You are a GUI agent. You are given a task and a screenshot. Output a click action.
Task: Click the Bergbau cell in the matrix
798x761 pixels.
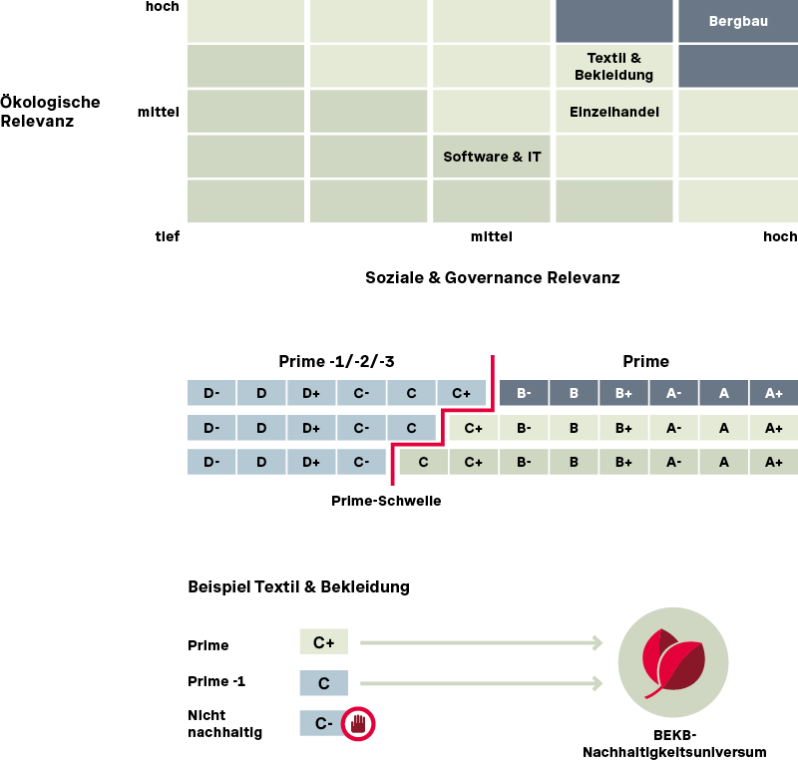pos(738,21)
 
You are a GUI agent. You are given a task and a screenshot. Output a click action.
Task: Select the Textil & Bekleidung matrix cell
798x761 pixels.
pos(614,67)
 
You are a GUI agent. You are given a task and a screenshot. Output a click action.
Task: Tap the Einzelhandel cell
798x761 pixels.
pos(614,112)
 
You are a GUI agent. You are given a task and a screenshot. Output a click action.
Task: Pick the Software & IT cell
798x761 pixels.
pos(492,157)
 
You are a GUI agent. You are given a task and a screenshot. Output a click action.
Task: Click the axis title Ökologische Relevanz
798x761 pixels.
pos(50,112)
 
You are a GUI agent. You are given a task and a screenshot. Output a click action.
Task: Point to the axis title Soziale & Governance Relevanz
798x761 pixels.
pos(493,277)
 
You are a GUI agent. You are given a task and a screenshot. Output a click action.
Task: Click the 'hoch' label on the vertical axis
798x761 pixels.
pos(162,7)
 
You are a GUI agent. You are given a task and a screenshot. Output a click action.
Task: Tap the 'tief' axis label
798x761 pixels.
pos(167,236)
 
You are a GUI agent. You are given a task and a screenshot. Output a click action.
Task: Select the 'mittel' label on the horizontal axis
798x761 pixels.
pos(491,236)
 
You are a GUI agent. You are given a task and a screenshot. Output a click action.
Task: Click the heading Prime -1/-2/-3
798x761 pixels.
pos(343,361)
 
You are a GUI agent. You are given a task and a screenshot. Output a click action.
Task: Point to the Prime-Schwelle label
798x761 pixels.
pos(386,501)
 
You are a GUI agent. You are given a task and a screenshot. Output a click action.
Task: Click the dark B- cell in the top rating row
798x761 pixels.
pos(524,393)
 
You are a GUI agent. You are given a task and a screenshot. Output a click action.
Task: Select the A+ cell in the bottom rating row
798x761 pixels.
pos(773,462)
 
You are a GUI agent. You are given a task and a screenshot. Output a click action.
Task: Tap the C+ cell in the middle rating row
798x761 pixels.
pos(473,428)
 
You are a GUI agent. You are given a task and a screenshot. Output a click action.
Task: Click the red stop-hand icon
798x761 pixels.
pos(358,723)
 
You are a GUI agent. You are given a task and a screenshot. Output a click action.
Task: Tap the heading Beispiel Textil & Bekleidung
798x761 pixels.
pos(298,586)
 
